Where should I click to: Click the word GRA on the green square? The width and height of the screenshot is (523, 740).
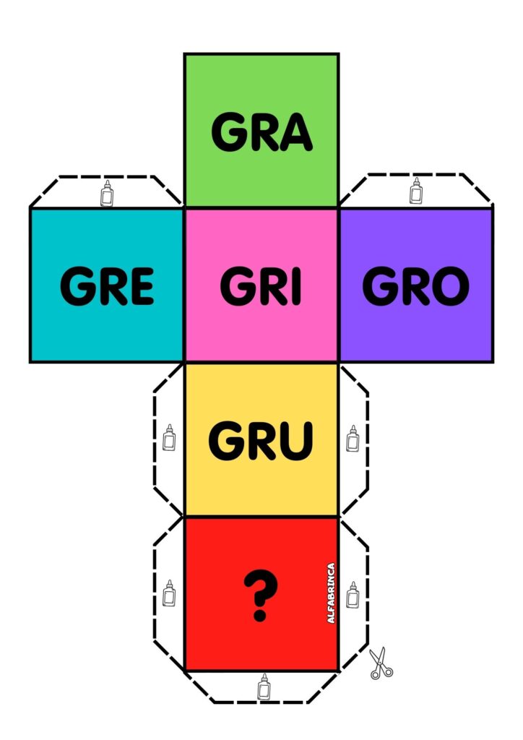pos(261,133)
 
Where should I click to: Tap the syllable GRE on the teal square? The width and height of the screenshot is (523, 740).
pos(107,286)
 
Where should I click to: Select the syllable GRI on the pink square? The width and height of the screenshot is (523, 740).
pos(261,286)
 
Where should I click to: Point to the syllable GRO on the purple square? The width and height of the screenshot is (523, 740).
pos(415,286)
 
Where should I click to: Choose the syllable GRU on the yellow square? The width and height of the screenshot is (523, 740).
pos(261,440)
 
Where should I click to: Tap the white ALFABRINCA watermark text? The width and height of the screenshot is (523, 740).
pos(331,593)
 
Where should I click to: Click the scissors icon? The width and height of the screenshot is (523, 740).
pos(380,663)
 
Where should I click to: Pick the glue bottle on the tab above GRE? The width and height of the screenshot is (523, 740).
pos(108,194)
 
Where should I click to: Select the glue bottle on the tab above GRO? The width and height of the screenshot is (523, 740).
pos(415,192)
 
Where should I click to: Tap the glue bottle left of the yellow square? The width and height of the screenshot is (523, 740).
pos(169,438)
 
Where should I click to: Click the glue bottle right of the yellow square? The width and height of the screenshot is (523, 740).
pos(353,438)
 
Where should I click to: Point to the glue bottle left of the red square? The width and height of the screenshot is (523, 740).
pos(169,593)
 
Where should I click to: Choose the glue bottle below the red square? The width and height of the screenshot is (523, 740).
pos(263,687)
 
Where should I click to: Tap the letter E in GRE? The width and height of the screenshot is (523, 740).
pos(140,286)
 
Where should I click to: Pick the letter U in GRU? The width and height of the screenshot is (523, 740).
pos(295,440)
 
